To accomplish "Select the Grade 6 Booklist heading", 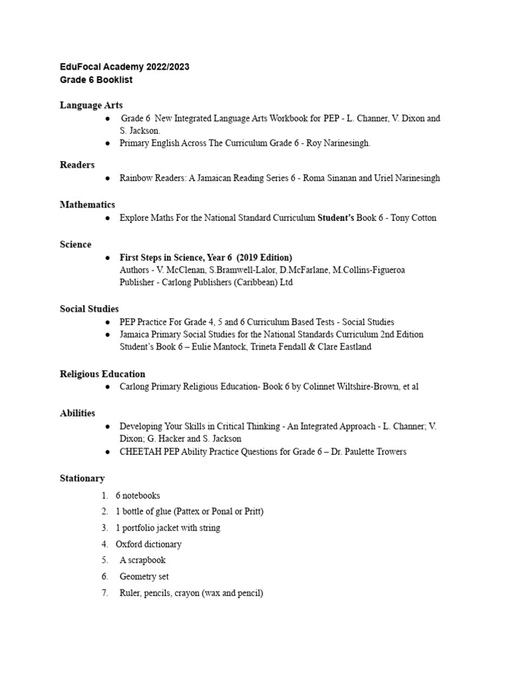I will pos(96,80).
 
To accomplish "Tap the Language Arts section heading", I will pos(91,105).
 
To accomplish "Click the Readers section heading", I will pos(77,164).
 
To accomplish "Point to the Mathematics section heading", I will pos(87,204).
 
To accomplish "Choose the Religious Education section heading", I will pos(102,374).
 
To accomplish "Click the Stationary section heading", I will pos(82,478).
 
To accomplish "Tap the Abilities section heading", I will pos(78,413).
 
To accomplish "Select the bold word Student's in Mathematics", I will pos(336,217).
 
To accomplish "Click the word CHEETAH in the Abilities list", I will pos(137,452).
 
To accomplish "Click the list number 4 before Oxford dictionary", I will pos(105,544).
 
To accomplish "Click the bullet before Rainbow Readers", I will pos(107,178).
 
